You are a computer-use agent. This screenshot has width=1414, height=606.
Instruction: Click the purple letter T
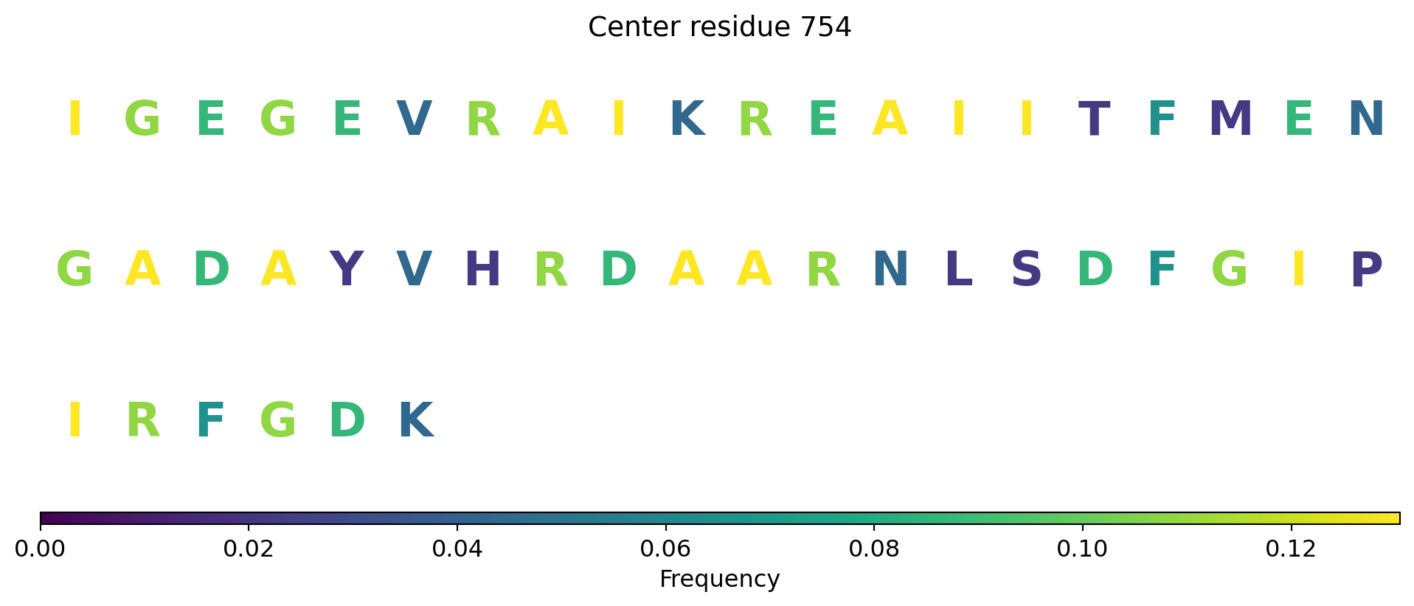pyautogui.click(x=1094, y=119)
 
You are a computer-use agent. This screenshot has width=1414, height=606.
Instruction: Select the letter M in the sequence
pyautogui.click(x=1230, y=119)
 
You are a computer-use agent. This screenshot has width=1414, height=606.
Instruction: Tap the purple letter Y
pyautogui.click(x=346, y=270)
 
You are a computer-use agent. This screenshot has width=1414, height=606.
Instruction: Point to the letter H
pyautogui.click(x=482, y=270)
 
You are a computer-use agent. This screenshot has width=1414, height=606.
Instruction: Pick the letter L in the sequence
pyautogui.click(x=958, y=270)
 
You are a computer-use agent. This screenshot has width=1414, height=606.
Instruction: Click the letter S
pyautogui.click(x=1026, y=270)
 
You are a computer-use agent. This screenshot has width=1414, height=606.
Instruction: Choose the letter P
pyautogui.click(x=1366, y=270)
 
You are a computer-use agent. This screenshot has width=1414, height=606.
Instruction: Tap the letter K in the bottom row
pyautogui.click(x=415, y=421)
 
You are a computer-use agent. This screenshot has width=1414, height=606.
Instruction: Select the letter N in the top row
pyautogui.click(x=1366, y=119)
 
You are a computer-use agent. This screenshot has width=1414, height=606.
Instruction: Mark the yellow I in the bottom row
pyautogui.click(x=74, y=421)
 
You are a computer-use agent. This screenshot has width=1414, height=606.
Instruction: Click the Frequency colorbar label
pyautogui.click(x=719, y=579)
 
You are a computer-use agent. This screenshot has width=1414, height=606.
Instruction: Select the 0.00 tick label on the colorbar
pyautogui.click(x=41, y=549)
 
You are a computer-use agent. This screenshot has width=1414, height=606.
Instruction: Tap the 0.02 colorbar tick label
pyautogui.click(x=249, y=549)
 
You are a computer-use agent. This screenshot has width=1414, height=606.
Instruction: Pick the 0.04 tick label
pyautogui.click(x=457, y=549)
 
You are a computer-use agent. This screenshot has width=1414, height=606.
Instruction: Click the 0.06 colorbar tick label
pyautogui.click(x=665, y=549)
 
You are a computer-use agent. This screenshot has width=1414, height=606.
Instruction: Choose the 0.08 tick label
pyautogui.click(x=874, y=549)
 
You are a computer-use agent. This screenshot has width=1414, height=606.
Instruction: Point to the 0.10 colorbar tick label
pyautogui.click(x=1083, y=549)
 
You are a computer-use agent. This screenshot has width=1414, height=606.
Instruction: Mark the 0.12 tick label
pyautogui.click(x=1292, y=549)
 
